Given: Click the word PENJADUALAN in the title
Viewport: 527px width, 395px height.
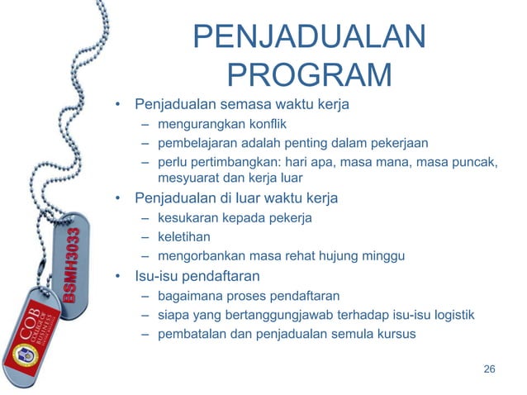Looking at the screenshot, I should click(x=309, y=37).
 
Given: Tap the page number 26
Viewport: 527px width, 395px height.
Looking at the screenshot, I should click(x=489, y=368).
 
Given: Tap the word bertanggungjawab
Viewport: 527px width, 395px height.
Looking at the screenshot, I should click(x=287, y=315).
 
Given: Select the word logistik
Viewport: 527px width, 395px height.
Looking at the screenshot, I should click(x=450, y=315).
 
